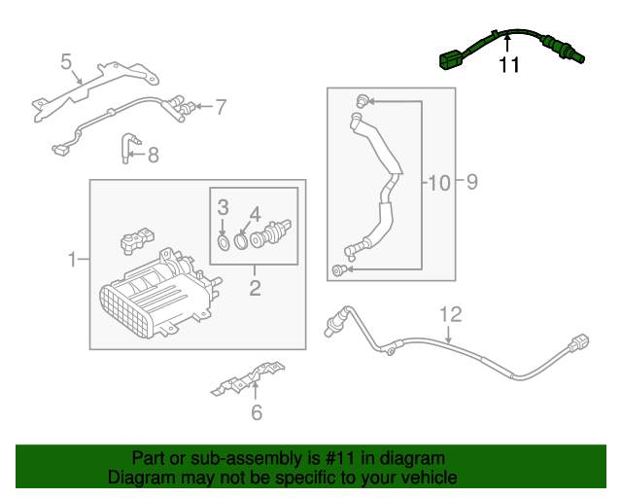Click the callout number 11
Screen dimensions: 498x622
(x=509, y=65)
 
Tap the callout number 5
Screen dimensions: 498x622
(x=66, y=63)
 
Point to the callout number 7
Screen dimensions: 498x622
(x=221, y=106)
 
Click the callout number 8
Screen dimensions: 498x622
(x=153, y=153)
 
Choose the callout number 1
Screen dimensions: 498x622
(x=72, y=260)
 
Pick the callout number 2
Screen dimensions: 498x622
(x=255, y=287)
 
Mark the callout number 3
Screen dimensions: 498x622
(x=222, y=206)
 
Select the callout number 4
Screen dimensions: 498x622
(x=255, y=212)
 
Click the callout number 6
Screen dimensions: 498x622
(x=257, y=412)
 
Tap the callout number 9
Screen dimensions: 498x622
(x=470, y=182)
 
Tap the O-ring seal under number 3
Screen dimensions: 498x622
(x=223, y=239)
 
